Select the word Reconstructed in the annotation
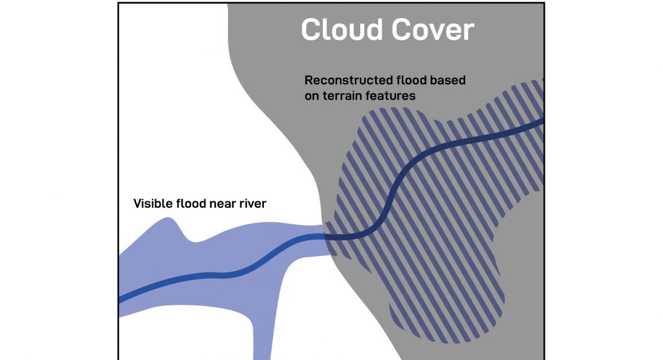pos(349,81)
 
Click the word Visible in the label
pos(153,204)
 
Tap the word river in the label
pos(251,204)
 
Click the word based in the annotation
pos(448,81)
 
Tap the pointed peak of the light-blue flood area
pos(168,220)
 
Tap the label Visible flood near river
pos(199,204)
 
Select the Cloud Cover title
pos(387,30)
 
